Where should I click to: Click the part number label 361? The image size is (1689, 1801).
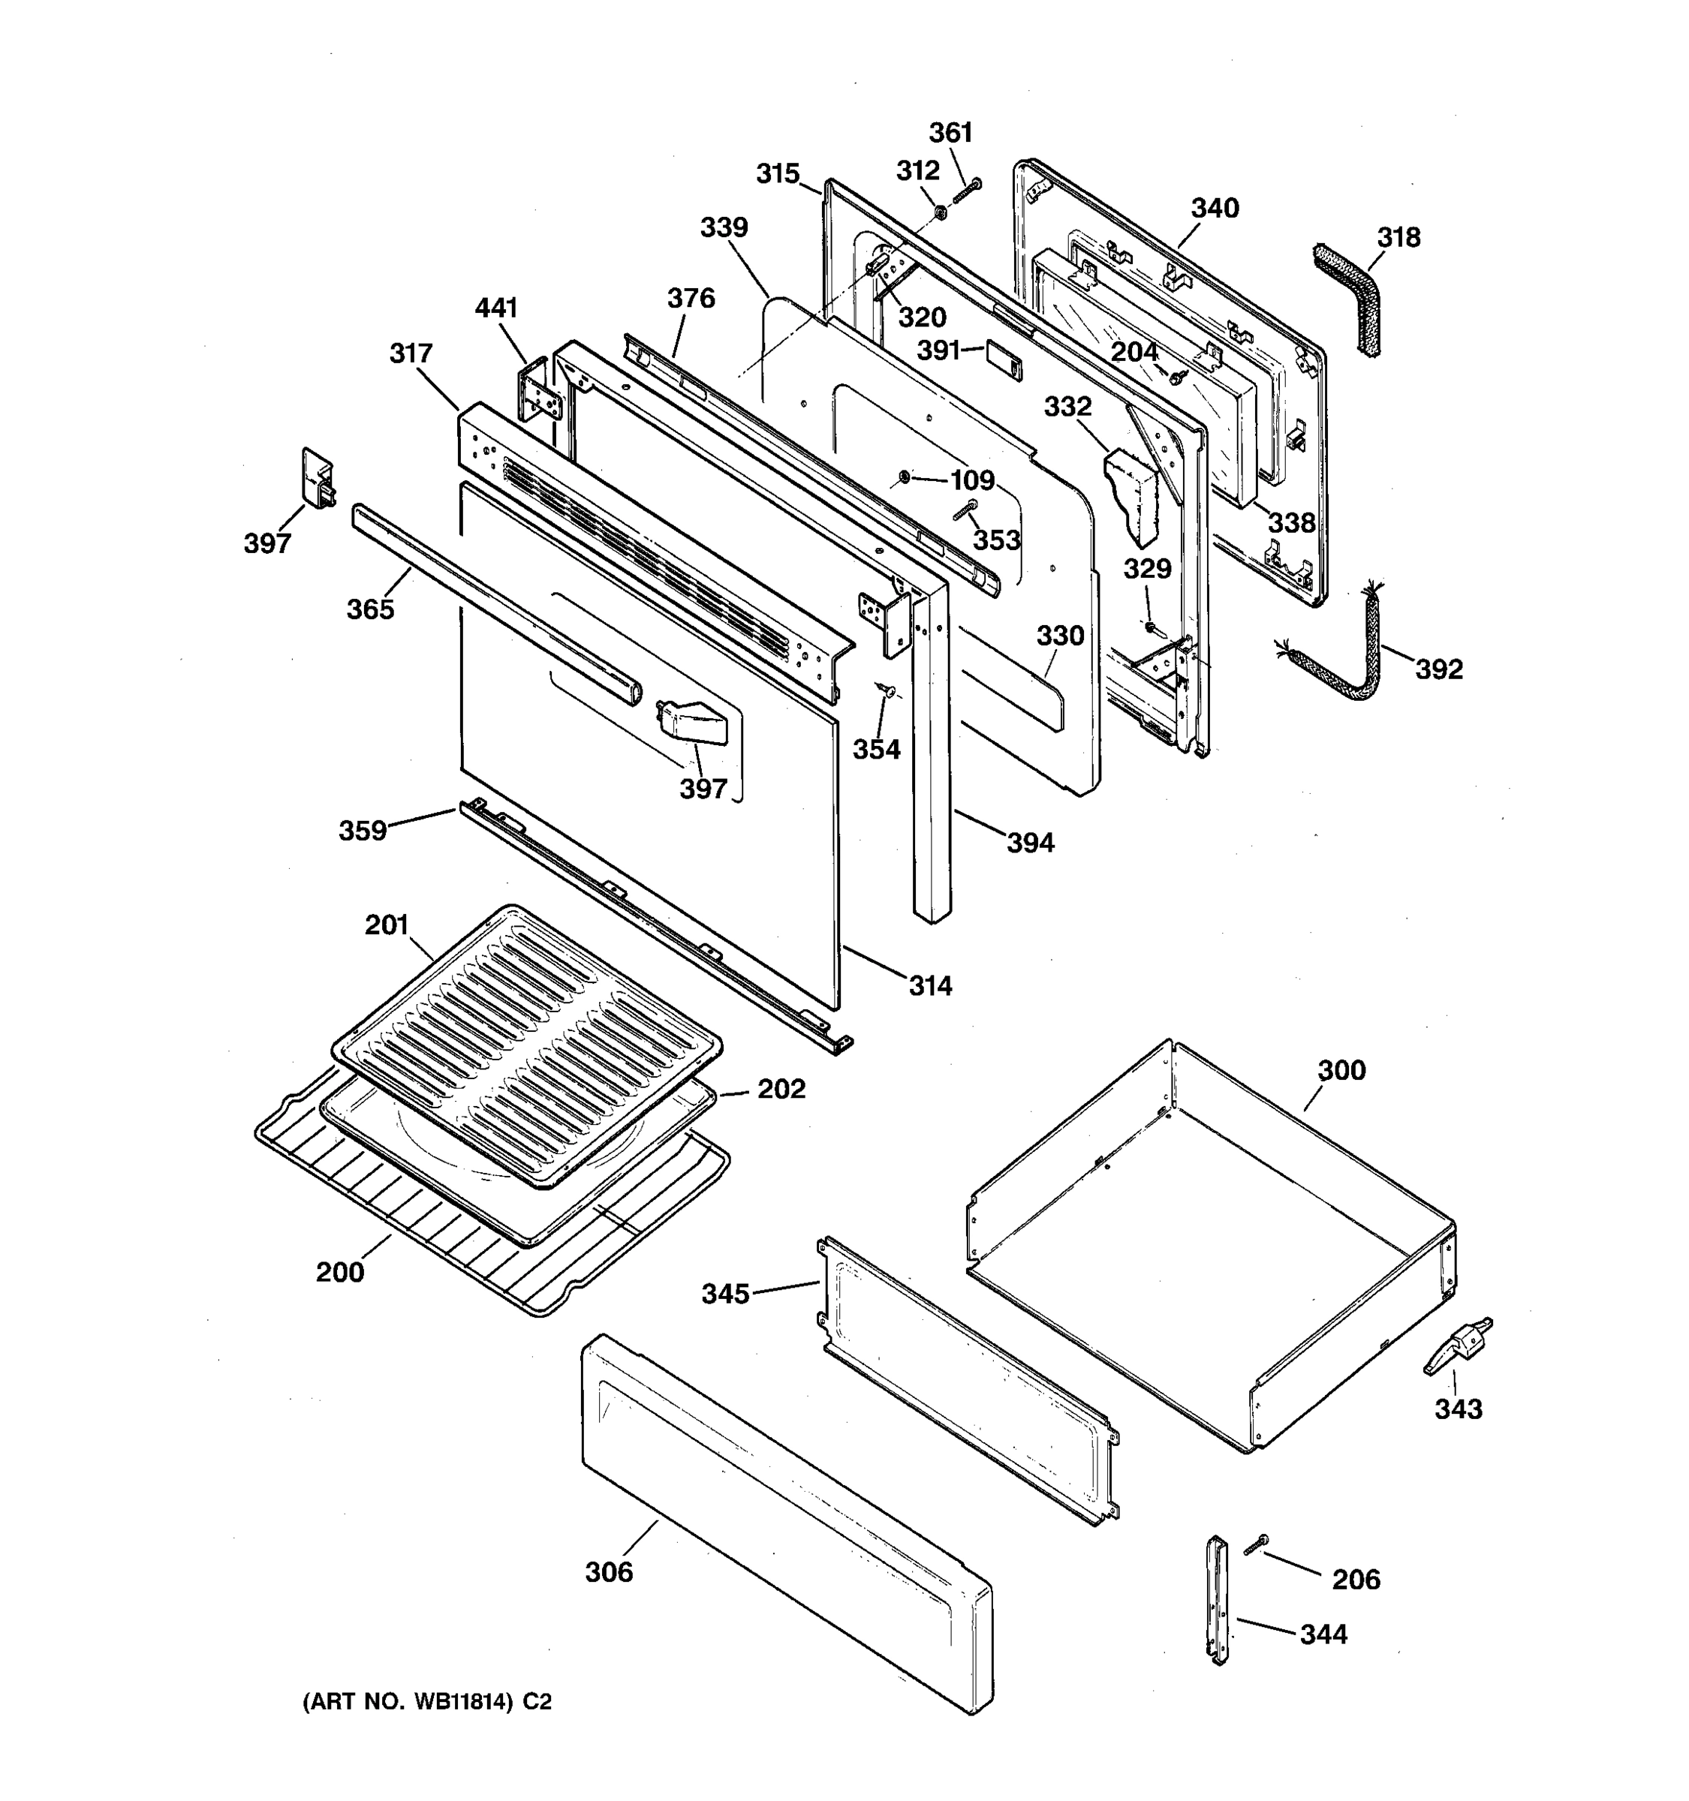coord(950,133)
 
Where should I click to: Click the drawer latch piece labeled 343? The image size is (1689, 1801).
coord(1456,1345)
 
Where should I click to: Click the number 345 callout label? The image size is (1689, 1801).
coord(725,1294)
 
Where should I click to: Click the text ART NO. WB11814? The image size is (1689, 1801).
coord(426,1702)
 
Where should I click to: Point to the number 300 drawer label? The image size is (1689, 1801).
coord(1341,1070)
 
